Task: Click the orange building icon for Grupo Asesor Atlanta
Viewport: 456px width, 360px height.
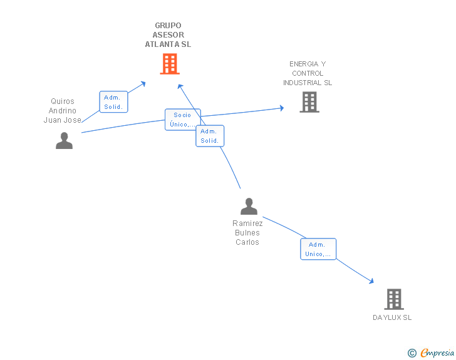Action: point(170,64)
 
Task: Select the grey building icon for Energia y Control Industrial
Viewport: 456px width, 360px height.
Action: point(309,102)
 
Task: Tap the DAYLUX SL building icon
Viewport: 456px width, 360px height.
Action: point(394,299)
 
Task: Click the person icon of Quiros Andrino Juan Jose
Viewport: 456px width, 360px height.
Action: point(65,140)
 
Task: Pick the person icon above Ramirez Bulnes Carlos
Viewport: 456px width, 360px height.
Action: point(249,206)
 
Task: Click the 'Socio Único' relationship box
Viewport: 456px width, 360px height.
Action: point(183,120)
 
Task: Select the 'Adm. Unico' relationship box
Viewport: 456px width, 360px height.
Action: point(318,249)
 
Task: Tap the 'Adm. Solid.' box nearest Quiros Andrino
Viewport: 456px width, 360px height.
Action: point(113,102)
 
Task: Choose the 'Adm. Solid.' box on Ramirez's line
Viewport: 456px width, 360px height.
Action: point(210,136)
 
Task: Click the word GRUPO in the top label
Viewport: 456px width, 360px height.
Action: point(168,25)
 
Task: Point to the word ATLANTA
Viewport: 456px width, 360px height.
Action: point(162,44)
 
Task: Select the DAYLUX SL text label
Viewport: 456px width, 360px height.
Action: point(392,317)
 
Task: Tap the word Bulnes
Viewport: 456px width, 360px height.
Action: point(247,233)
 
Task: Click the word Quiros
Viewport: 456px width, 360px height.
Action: point(63,101)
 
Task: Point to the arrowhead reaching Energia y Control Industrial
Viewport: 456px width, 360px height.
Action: point(281,108)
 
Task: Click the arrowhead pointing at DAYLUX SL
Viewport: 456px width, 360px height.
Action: point(371,281)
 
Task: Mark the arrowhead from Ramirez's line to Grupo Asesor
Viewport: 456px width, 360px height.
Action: point(180,86)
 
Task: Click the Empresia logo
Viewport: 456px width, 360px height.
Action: point(437,352)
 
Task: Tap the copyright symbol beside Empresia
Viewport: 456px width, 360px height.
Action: point(412,353)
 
